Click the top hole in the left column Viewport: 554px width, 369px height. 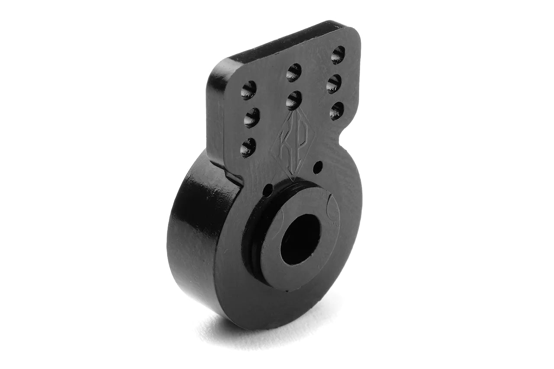(248, 90)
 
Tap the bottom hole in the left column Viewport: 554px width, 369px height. (248, 147)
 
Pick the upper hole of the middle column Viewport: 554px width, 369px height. (294, 72)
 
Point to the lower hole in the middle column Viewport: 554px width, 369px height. (294, 100)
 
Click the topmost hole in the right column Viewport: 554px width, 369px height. (338, 55)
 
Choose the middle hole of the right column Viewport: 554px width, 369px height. (334, 83)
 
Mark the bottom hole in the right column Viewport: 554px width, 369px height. (336, 111)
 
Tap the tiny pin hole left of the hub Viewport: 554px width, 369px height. (268, 189)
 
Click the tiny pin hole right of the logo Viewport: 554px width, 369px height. (318, 165)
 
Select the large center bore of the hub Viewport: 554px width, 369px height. (300, 239)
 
